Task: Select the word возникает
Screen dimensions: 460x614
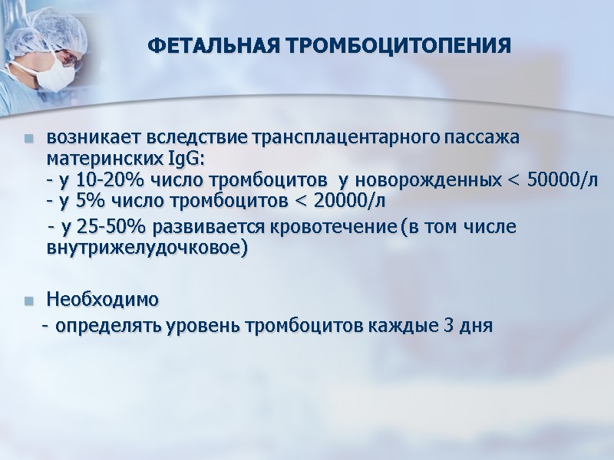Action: click(90, 139)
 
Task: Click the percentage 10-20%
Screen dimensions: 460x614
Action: click(94, 180)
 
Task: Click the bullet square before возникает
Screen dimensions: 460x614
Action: click(28, 140)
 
